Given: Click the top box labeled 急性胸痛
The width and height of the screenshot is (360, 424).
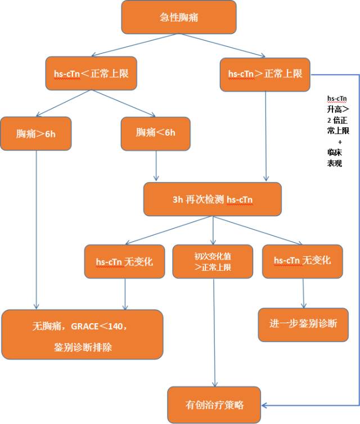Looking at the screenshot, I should [178, 17].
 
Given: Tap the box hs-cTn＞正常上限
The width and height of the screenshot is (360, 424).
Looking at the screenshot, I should [265, 74].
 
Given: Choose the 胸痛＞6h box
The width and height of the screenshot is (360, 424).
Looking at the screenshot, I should [37, 133].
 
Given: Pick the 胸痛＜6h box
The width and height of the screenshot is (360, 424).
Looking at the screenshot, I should [156, 133].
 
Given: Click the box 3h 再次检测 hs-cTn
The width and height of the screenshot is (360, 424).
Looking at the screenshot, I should [212, 200].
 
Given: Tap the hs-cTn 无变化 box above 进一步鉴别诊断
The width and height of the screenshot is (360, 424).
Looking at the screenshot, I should [302, 261].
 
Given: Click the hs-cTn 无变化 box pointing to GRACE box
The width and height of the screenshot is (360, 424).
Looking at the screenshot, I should [124, 261].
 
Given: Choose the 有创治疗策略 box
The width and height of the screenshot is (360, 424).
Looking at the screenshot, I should [214, 404].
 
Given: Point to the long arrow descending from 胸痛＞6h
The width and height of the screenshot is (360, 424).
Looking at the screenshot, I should [37, 225].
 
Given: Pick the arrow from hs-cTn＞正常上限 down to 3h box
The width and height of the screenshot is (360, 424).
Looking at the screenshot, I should [265, 135].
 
